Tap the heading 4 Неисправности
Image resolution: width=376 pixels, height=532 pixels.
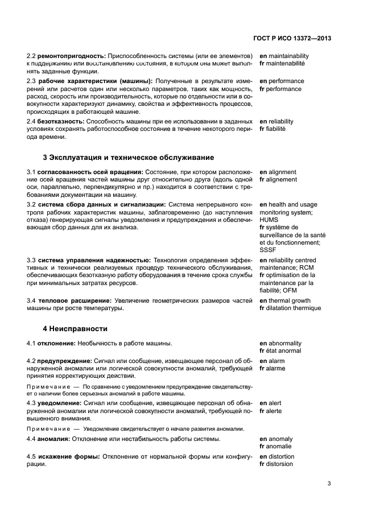[x=75, y=329]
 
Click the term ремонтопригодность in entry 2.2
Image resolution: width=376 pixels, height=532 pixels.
[x=72, y=56]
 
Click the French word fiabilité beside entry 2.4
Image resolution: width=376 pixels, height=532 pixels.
[x=276, y=129]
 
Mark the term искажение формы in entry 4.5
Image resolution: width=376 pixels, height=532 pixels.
[x=68, y=456]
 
